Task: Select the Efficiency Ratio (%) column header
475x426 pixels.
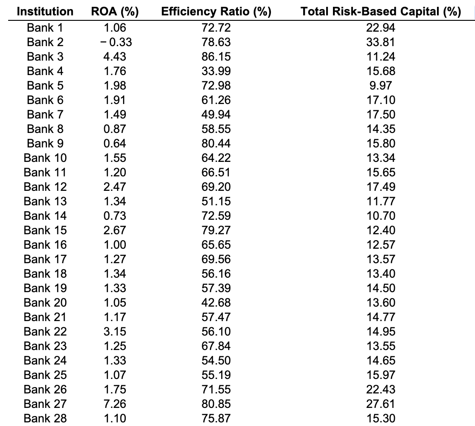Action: (x=216, y=11)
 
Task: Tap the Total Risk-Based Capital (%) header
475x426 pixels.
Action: (x=380, y=11)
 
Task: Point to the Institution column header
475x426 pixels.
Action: (x=45, y=11)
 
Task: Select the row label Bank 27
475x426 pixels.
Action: (x=45, y=404)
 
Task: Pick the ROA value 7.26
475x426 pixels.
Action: (x=114, y=404)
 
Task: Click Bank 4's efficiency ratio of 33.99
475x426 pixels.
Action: (x=216, y=71)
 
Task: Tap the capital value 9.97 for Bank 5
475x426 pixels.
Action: (x=380, y=85)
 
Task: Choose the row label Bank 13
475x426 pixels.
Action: (x=45, y=201)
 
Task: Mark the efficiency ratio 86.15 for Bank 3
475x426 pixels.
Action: (x=216, y=57)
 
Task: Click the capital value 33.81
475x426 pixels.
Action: (x=380, y=42)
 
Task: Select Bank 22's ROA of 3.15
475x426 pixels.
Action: (x=114, y=331)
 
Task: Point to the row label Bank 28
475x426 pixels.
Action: (x=45, y=418)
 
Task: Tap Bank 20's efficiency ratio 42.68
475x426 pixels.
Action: (x=216, y=303)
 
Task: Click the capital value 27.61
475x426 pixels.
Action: (x=380, y=404)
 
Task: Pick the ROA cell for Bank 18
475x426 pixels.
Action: (x=114, y=274)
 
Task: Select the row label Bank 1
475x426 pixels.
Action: (x=45, y=28)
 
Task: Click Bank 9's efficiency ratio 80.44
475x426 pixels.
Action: (x=216, y=143)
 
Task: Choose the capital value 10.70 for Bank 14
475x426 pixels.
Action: (x=380, y=216)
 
